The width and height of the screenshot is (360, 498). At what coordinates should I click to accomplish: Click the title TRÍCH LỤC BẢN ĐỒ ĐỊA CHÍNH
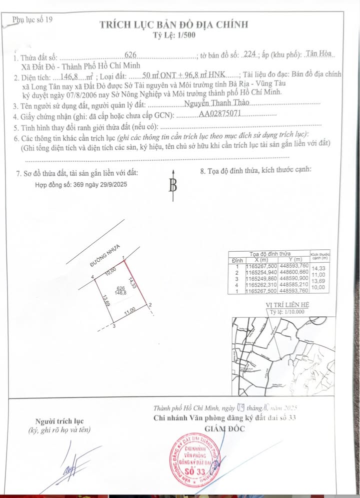click(173, 25)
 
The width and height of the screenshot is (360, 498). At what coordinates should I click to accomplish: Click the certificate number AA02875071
click(220, 114)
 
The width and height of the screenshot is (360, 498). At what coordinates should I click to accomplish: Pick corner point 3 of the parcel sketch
click(114, 326)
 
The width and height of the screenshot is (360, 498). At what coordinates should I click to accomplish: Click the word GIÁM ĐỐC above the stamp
click(223, 430)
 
